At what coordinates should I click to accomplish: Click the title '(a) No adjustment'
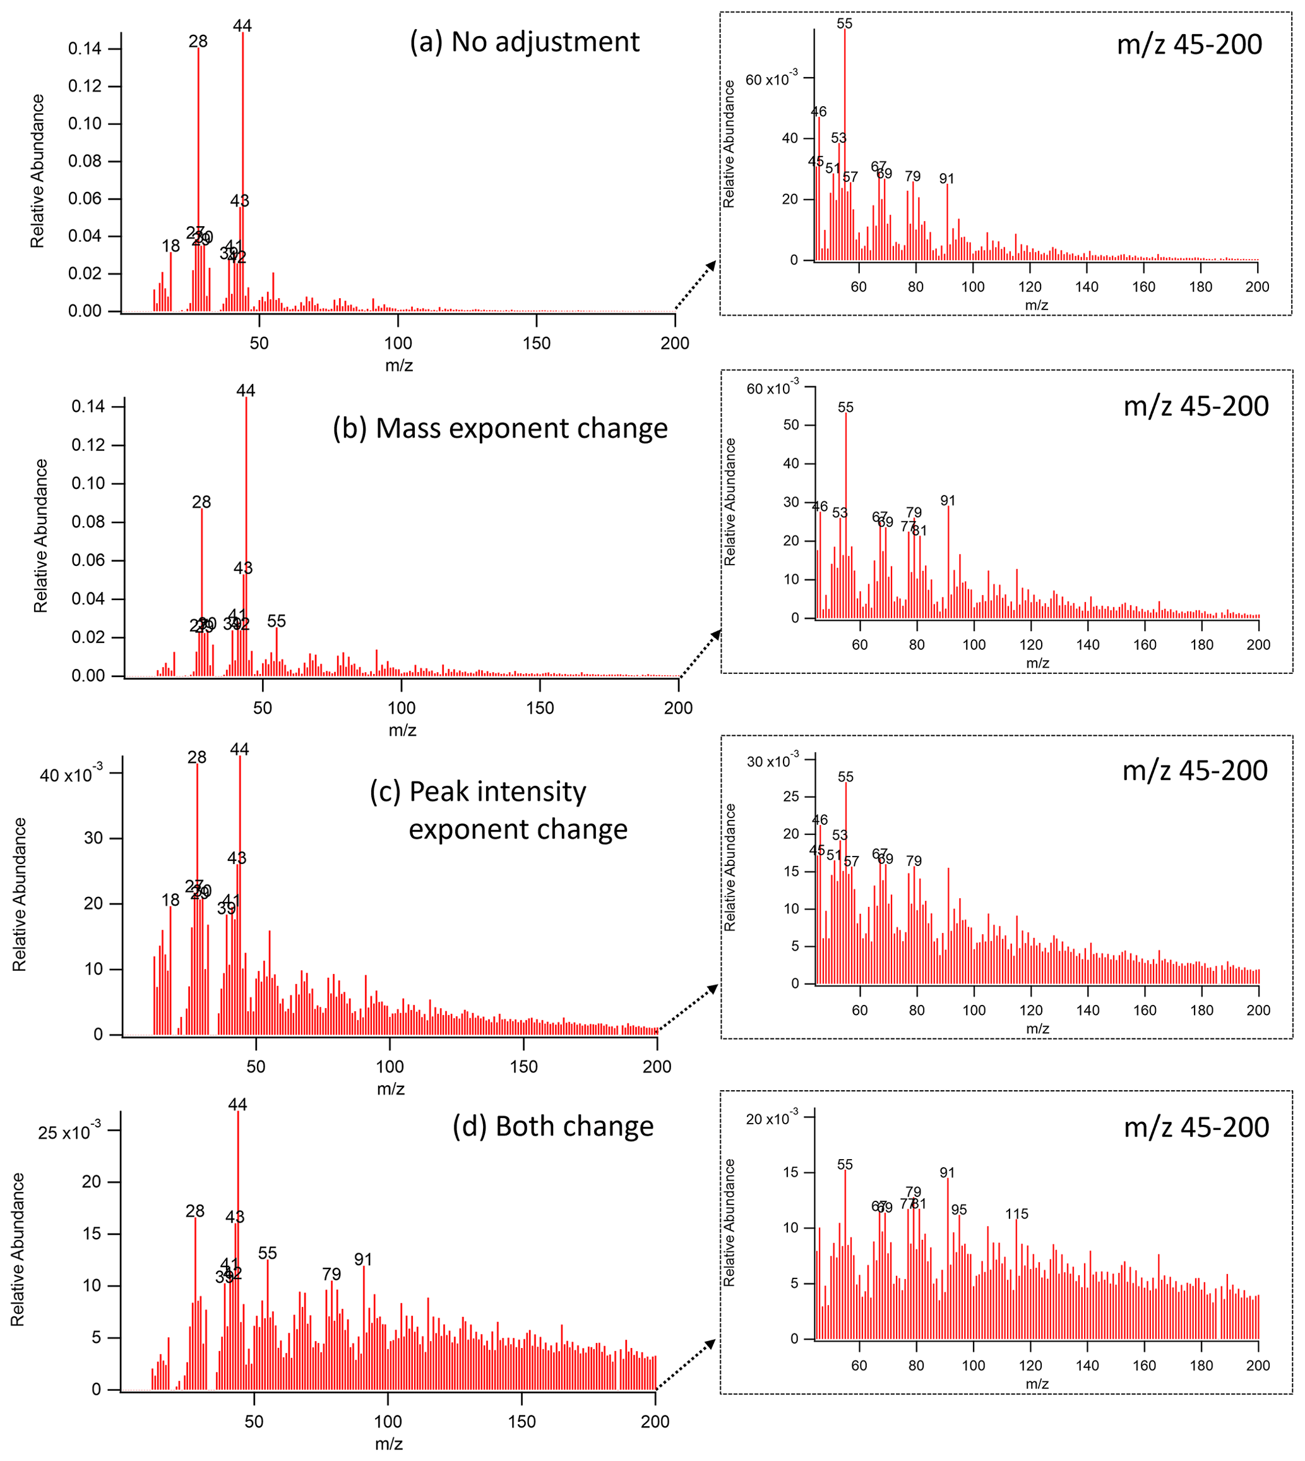[524, 42]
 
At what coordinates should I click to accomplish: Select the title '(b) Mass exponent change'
[500, 428]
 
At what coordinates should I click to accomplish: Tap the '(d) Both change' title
[553, 1126]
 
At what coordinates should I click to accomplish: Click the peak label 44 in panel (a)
[242, 26]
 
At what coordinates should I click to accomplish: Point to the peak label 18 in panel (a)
[170, 246]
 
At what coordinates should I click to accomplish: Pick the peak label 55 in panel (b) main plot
[277, 621]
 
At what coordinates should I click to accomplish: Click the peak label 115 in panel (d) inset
[1016, 1213]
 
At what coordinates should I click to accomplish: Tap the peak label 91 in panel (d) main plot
[364, 1260]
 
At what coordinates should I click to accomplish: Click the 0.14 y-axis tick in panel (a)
[85, 49]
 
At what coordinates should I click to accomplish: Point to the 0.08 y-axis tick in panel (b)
[88, 522]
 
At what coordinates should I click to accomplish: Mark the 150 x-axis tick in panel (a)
[537, 344]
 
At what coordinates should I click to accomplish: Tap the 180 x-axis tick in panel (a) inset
[1201, 287]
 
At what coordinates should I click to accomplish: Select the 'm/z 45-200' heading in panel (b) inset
[1196, 407]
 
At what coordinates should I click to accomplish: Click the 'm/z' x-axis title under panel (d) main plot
[389, 1444]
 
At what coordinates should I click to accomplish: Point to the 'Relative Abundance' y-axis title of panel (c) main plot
[20, 895]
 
